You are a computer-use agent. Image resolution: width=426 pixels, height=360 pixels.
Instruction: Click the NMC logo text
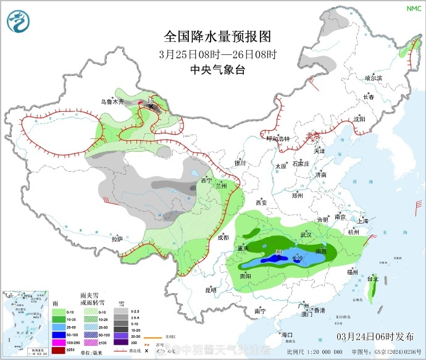[412, 8]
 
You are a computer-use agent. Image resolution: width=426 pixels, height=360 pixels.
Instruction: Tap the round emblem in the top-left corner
[19, 22]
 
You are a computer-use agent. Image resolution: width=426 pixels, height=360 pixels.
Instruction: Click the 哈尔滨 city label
[374, 78]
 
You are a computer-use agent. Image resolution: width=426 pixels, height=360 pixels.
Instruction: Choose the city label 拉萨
[117, 238]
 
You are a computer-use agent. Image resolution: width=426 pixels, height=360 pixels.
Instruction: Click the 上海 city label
[362, 220]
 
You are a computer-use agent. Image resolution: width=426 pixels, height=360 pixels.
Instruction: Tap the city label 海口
[286, 334]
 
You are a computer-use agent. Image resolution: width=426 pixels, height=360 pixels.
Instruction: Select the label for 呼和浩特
[278, 138]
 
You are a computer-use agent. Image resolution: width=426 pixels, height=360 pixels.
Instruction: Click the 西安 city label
[261, 202]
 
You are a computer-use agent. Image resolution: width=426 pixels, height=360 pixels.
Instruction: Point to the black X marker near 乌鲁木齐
[150, 106]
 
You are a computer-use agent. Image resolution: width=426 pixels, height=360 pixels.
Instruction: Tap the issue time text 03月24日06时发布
[375, 336]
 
